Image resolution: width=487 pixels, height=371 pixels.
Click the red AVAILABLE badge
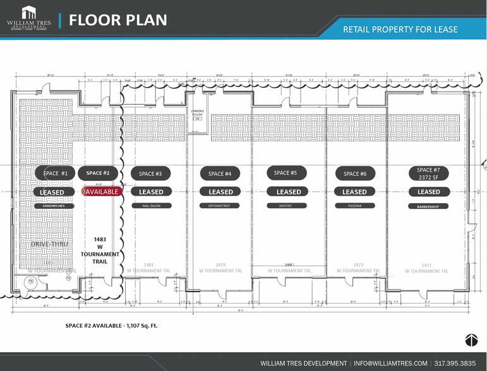tap(102, 192)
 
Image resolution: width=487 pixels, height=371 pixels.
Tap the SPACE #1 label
tap(56, 173)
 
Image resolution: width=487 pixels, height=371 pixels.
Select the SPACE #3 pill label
tap(150, 174)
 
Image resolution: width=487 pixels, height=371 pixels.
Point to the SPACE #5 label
tap(286, 173)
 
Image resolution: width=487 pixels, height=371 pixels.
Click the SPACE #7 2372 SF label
tap(428, 174)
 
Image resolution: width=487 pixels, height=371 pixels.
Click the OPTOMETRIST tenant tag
tap(220, 206)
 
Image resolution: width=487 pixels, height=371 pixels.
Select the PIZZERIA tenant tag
tap(354, 206)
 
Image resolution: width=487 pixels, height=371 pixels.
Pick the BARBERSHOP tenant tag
tap(428, 206)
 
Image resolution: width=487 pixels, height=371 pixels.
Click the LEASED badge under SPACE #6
tap(354, 192)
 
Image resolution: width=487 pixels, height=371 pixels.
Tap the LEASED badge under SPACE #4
tap(220, 192)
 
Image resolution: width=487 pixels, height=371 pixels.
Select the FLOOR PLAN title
tap(118, 20)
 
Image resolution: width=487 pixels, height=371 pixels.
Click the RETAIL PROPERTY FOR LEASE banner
tap(400, 29)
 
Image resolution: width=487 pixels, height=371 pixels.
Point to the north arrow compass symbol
tap(471, 340)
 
